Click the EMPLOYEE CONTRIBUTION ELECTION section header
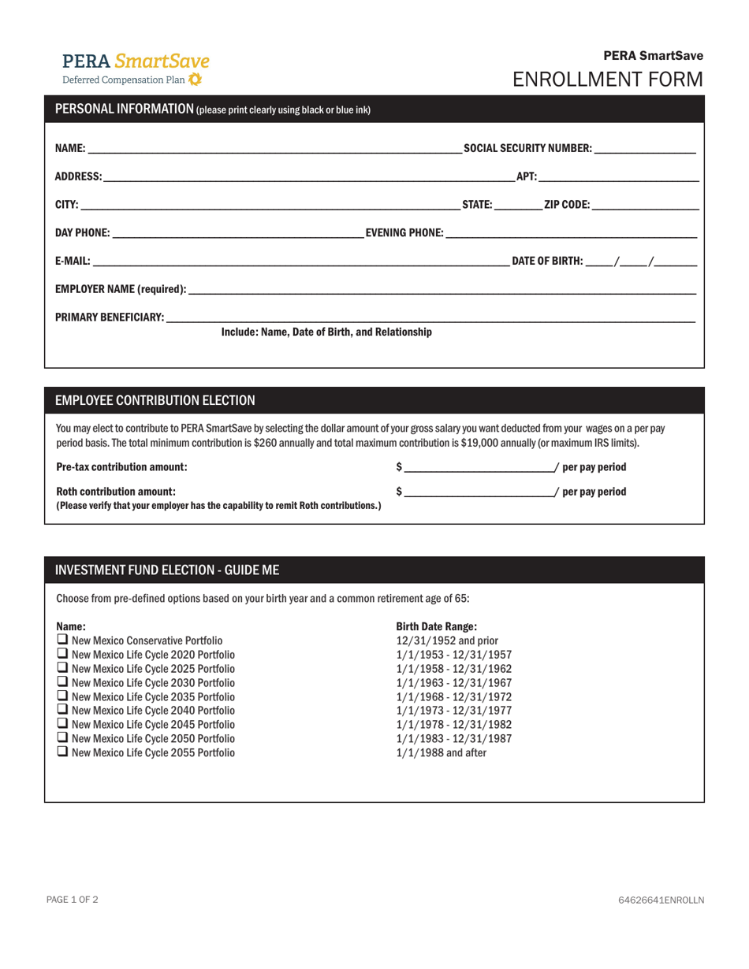pos(155,400)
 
